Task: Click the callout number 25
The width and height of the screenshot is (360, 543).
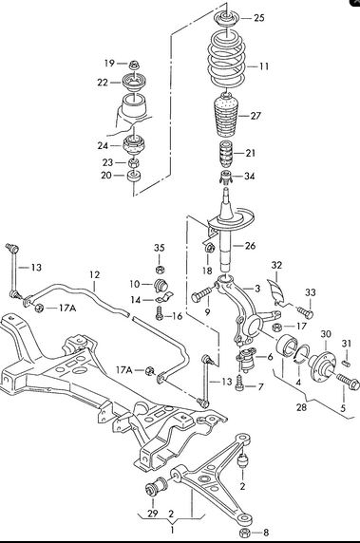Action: (x=259, y=18)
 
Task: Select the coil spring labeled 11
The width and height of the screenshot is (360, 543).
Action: (x=227, y=62)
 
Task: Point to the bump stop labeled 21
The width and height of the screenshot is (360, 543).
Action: (x=226, y=153)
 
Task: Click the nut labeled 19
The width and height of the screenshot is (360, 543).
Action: (x=133, y=65)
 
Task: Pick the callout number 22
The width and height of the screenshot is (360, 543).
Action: (x=103, y=83)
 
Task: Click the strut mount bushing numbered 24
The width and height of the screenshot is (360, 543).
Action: (x=135, y=146)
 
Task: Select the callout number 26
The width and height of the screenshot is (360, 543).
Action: (x=250, y=246)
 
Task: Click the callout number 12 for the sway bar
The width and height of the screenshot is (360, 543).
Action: (x=94, y=274)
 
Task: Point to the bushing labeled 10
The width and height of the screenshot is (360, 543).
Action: (x=161, y=285)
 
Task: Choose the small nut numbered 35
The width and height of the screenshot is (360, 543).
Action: (x=160, y=270)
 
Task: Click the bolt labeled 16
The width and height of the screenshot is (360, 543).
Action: (x=160, y=313)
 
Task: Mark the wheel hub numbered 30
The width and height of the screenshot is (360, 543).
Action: (x=323, y=361)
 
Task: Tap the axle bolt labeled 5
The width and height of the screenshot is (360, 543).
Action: (x=348, y=382)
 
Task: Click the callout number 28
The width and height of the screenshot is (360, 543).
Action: (x=301, y=407)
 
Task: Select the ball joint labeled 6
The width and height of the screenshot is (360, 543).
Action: (x=246, y=360)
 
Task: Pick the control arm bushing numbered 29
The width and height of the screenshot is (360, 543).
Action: (x=156, y=487)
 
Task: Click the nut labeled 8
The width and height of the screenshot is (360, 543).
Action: (x=245, y=533)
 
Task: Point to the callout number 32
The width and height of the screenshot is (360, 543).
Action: (x=276, y=265)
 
